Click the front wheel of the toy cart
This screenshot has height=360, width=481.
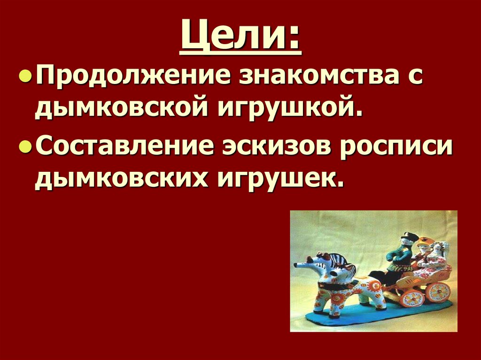[x=412, y=297]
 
